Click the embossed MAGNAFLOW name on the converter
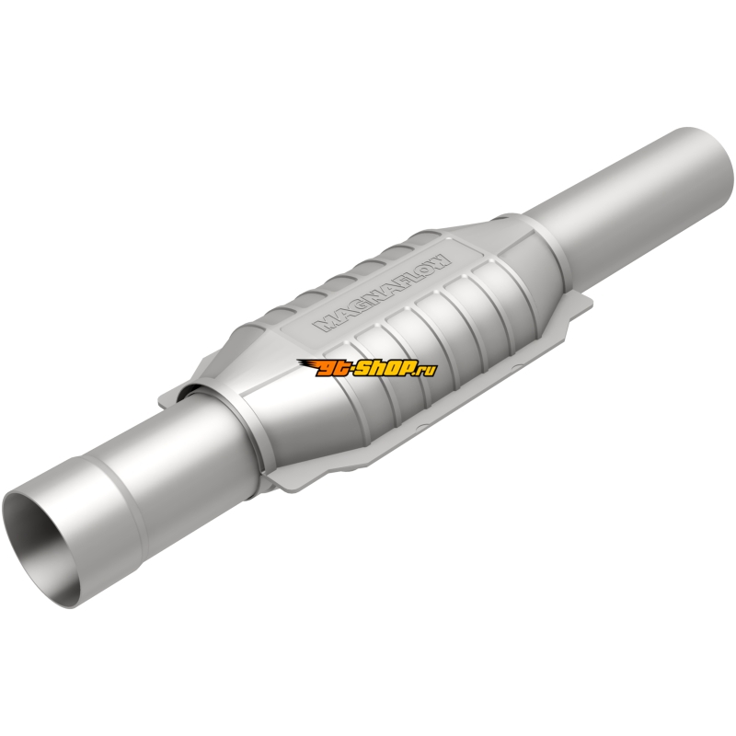click(x=383, y=293)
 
